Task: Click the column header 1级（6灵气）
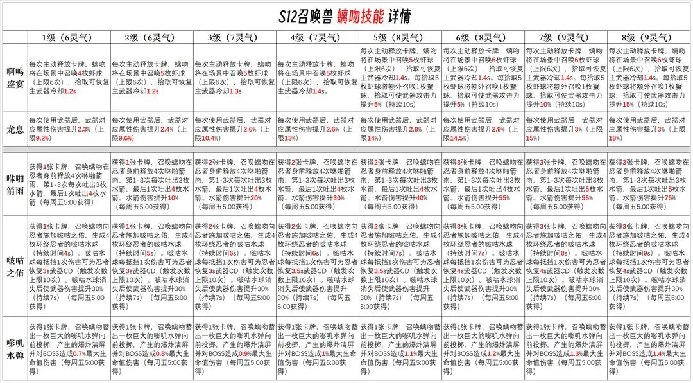[69, 37]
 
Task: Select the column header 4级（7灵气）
[317, 37]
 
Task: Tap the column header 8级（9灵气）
[648, 37]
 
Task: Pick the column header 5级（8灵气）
[400, 37]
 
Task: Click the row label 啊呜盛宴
[13, 76]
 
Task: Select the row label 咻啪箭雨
[13, 184]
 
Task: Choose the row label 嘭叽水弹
[13, 348]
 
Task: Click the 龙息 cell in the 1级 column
[69, 129]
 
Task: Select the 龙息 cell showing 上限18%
[648, 129]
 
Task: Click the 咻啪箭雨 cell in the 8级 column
[648, 184]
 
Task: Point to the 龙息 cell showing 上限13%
[317, 129]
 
